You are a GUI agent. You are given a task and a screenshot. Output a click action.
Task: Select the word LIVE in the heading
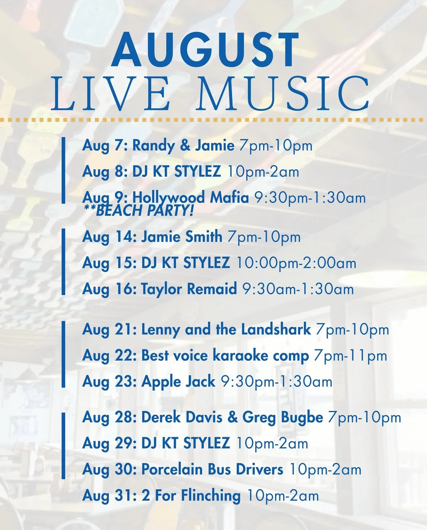click(111, 93)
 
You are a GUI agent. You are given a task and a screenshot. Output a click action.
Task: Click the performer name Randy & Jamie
click(184, 146)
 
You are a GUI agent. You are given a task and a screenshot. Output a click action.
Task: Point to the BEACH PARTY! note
click(138, 210)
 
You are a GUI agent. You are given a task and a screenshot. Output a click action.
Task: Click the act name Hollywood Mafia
click(191, 198)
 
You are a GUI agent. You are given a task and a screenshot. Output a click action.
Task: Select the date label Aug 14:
click(109, 237)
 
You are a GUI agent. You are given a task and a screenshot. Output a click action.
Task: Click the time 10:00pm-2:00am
click(296, 263)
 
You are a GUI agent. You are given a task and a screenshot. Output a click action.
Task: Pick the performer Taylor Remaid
click(189, 289)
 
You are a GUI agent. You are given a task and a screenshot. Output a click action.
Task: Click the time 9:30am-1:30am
click(298, 289)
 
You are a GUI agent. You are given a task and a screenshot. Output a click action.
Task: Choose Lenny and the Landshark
click(226, 329)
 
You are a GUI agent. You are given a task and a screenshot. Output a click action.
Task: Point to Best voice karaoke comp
click(225, 356)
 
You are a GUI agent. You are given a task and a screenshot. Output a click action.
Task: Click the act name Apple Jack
click(178, 382)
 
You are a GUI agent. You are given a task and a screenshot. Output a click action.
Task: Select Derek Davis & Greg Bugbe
click(232, 417)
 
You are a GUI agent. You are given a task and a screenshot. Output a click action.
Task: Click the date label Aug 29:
click(109, 443)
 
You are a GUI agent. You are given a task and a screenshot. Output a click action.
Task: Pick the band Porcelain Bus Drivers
click(212, 469)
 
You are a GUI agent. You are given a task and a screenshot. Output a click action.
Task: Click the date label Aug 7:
click(105, 146)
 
